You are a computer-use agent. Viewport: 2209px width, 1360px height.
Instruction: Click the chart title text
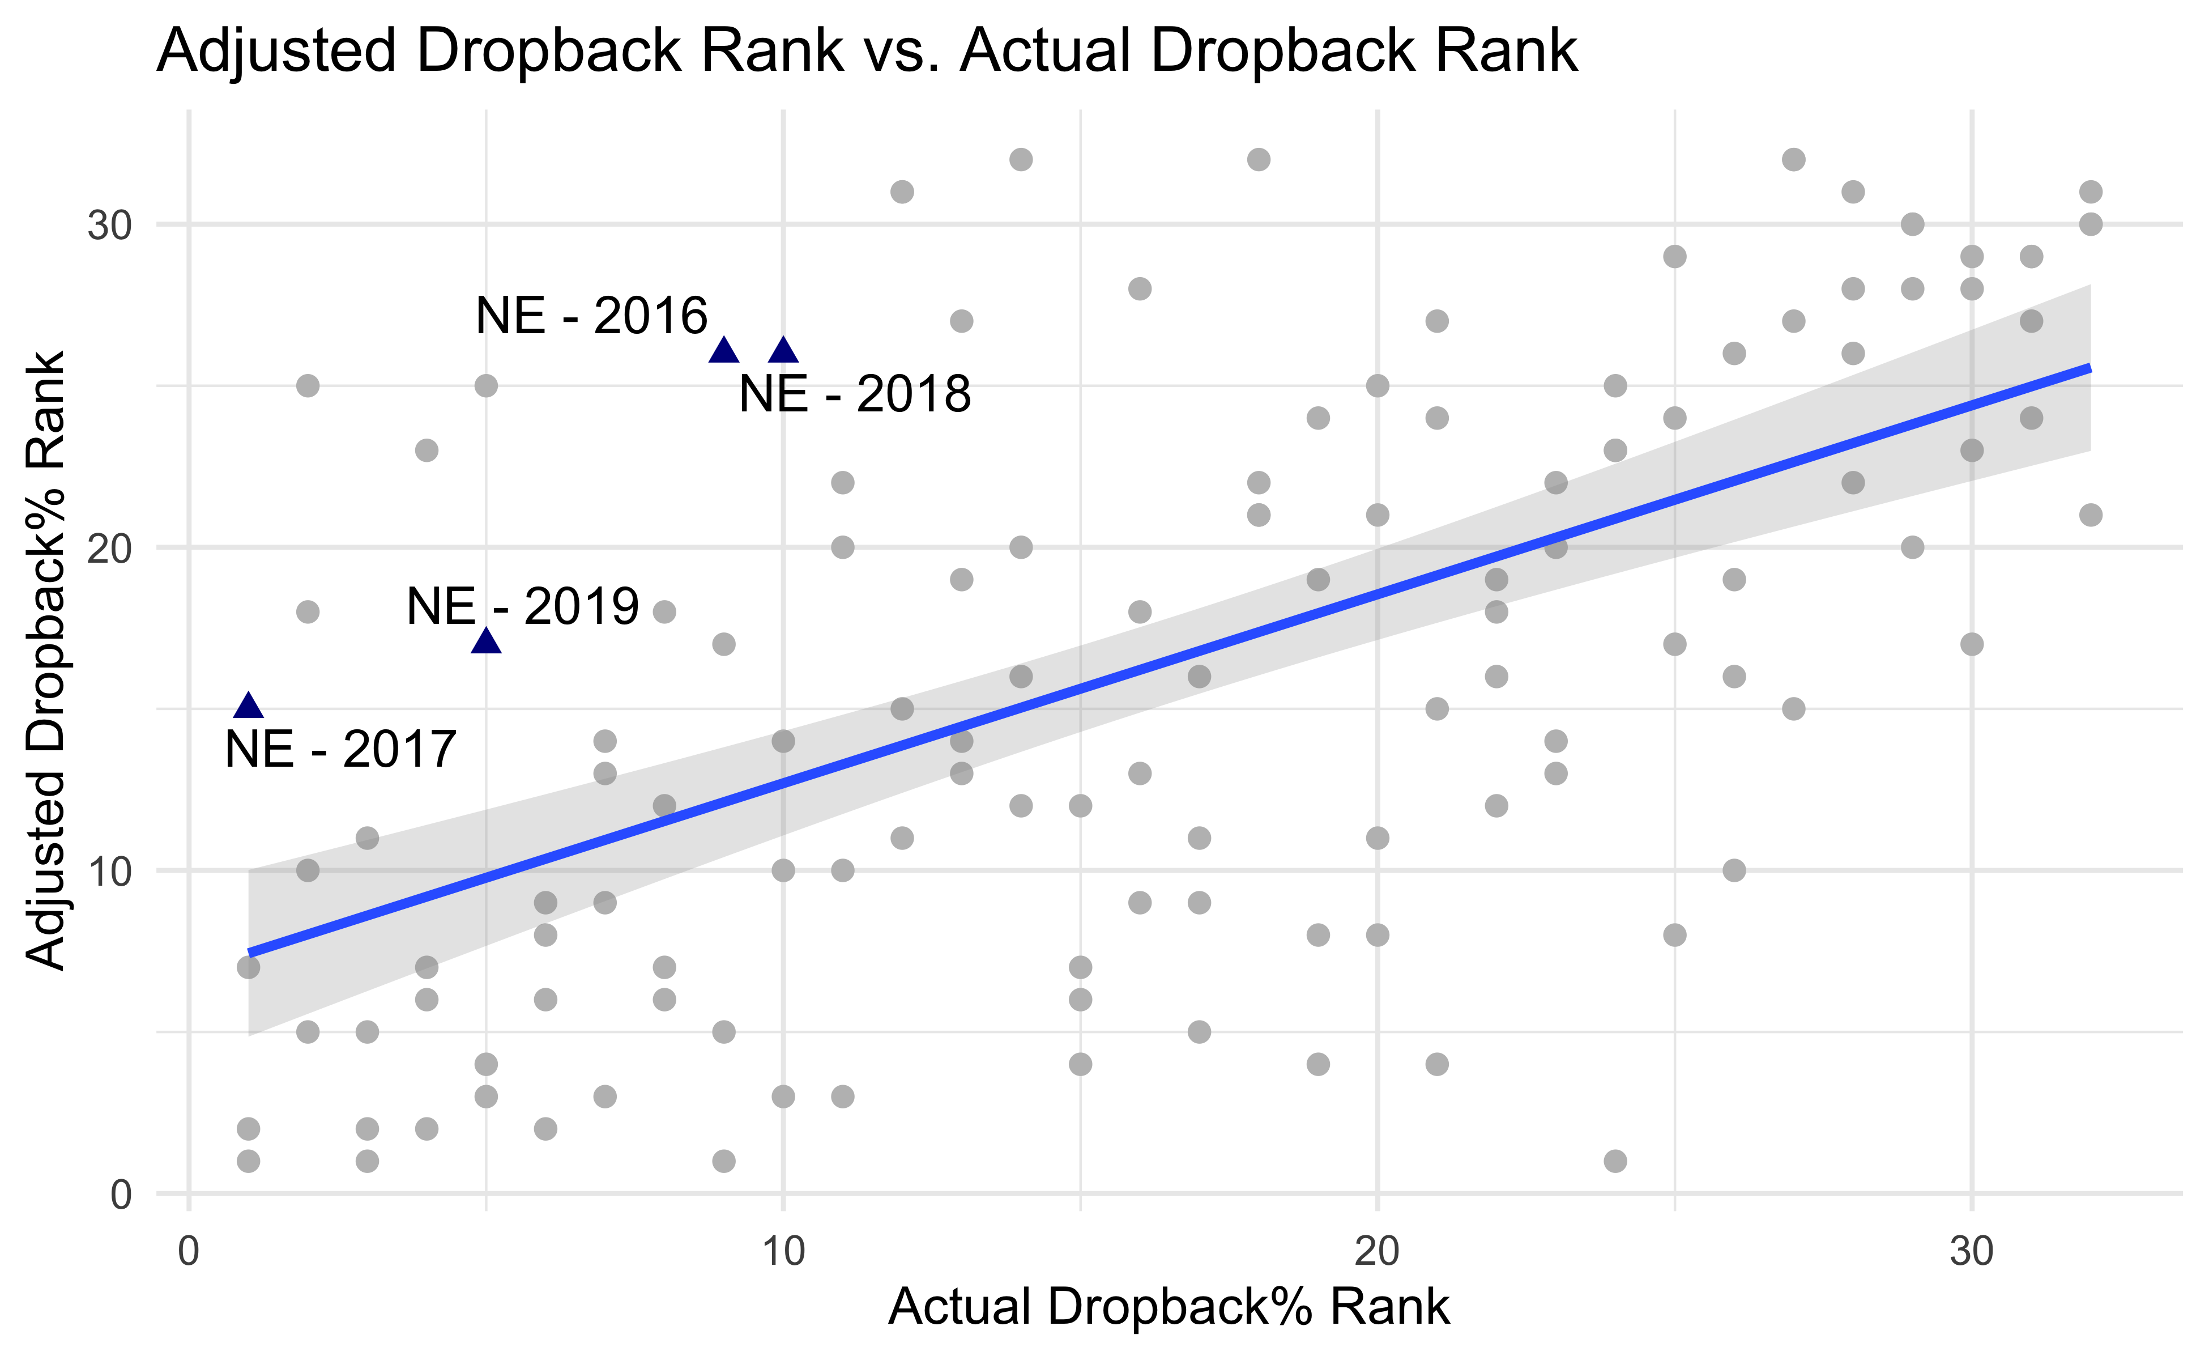tap(867, 51)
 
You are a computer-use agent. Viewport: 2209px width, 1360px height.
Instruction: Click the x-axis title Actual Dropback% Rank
tap(1169, 1307)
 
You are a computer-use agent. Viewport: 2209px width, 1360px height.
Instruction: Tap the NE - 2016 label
tap(591, 316)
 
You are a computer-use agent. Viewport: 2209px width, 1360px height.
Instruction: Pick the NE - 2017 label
tap(341, 749)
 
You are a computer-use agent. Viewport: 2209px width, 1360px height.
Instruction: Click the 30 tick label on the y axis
tap(110, 225)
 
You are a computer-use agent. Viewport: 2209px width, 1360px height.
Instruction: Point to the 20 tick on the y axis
tap(110, 548)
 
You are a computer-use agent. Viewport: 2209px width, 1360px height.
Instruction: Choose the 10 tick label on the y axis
tap(110, 871)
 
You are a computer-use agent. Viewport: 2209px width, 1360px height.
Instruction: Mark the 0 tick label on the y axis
tap(121, 1195)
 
